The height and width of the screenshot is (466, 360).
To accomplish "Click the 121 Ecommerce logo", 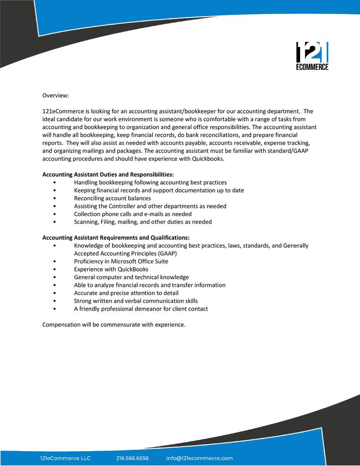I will pos(312,56).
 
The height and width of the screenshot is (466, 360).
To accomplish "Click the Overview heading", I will pos(56,95).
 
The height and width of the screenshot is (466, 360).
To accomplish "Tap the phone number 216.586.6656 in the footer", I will pos(132,458).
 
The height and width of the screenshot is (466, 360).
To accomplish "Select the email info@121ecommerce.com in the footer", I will pos(199,458).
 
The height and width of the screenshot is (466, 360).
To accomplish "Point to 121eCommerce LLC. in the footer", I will pos(66,458).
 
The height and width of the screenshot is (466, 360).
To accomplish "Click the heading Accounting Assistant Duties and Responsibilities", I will pos(108,175).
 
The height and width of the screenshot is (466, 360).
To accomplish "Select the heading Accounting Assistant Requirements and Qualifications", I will pos(116,238).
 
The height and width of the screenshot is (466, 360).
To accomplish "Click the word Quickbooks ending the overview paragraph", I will pos(207,159).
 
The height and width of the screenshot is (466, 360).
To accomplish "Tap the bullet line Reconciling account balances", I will pos(112,198).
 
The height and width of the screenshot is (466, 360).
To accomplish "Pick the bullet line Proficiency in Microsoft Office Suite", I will pos(121,261).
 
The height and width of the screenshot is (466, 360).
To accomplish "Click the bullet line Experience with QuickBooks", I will pos(111,269).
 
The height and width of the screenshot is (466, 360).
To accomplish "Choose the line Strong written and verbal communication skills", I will pos(136,301).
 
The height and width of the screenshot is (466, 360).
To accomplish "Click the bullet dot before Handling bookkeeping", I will pos(54,183).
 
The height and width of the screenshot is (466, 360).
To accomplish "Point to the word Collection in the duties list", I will pos(87,214).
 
